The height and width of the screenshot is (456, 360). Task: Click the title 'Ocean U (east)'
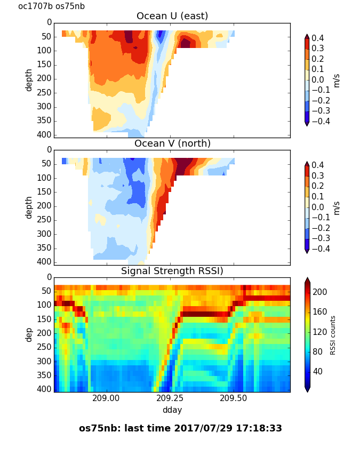click(172, 16)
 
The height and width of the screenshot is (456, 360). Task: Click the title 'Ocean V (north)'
click(172, 143)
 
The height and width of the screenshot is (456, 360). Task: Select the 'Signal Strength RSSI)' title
click(172, 271)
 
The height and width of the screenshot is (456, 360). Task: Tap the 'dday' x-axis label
click(172, 410)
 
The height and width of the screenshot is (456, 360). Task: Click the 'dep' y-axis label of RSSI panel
click(29, 334)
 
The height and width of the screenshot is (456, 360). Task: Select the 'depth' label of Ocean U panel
click(29, 80)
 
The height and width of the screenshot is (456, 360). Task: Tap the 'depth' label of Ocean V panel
click(29, 207)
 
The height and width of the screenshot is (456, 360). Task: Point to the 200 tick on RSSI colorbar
click(320, 292)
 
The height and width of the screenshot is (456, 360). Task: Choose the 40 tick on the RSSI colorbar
click(318, 371)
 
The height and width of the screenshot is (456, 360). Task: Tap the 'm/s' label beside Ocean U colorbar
click(336, 80)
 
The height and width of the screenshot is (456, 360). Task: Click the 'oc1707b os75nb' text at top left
click(51, 6)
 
